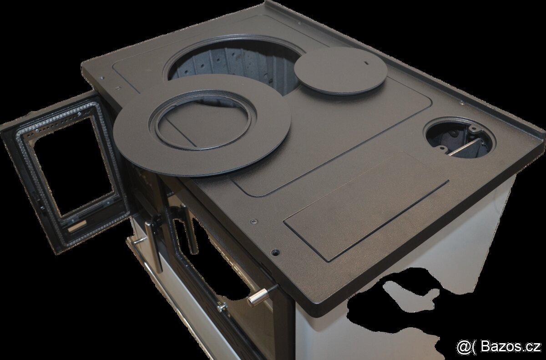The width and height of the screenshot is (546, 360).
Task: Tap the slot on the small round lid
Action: [x=366, y=63]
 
